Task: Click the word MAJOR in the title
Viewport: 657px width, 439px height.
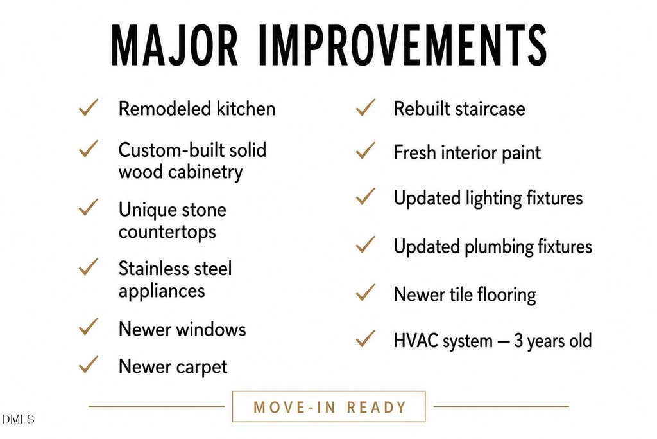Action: [x=175, y=45]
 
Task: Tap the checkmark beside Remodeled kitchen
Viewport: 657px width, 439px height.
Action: [x=89, y=107]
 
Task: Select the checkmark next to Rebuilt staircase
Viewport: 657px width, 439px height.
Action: [x=365, y=107]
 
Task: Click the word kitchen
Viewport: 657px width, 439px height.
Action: [x=246, y=109]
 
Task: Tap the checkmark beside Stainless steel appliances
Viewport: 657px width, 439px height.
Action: [x=89, y=267]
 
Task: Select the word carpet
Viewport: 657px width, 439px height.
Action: [x=201, y=368]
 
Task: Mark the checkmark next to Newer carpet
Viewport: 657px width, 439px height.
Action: [x=89, y=364]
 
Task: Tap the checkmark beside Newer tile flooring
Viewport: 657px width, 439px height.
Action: [x=365, y=292]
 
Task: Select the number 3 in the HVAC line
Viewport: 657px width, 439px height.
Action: [x=518, y=341]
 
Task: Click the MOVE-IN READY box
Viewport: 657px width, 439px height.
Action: [x=329, y=391]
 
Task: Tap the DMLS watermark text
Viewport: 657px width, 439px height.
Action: [x=18, y=419]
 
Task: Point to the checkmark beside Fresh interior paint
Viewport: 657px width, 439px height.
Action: [x=365, y=150]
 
